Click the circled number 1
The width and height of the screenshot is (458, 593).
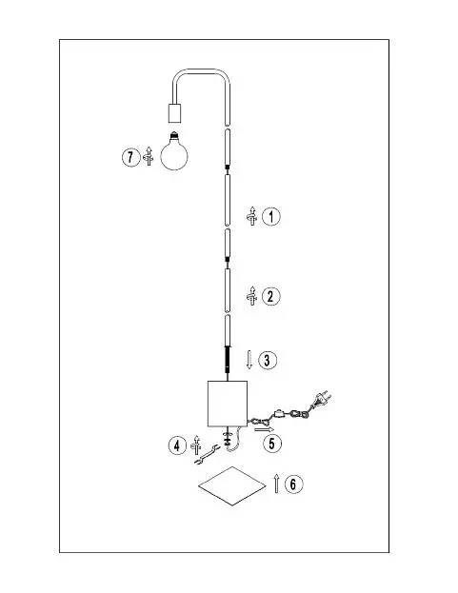tap(271, 217)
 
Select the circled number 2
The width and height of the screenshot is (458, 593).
tap(270, 296)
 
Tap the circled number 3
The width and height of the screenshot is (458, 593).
tap(268, 360)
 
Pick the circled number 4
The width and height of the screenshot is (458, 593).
tap(177, 445)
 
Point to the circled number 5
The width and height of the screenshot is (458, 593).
tap(272, 444)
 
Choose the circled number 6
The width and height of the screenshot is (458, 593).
tap(293, 484)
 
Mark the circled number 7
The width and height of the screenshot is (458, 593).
tap(130, 156)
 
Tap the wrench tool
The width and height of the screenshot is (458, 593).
tap(207, 455)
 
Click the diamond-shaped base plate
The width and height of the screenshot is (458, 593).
tap(232, 486)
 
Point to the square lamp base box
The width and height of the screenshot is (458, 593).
tap(228, 404)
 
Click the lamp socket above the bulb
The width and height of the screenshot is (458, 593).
tap(175, 112)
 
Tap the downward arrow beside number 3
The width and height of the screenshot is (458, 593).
tap(249, 360)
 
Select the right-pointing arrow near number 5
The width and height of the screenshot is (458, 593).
tap(265, 429)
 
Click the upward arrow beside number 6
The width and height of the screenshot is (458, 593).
tap(276, 483)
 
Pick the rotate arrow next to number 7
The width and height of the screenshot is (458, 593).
tap(149, 156)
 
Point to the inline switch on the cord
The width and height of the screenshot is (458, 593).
tap(280, 413)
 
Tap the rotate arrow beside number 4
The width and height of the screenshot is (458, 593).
tap(196, 445)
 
